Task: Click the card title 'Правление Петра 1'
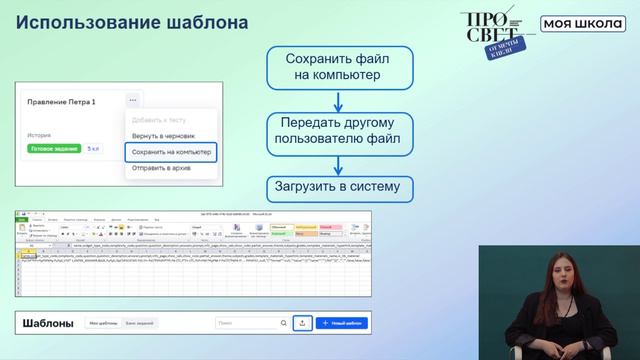click(61, 102)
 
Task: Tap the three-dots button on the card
click(131, 101)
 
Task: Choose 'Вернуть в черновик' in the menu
click(163, 135)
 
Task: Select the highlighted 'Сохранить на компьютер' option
click(170, 152)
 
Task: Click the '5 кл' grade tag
click(93, 148)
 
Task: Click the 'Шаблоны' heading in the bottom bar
click(49, 323)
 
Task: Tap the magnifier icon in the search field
click(282, 323)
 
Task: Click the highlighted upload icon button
click(303, 323)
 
